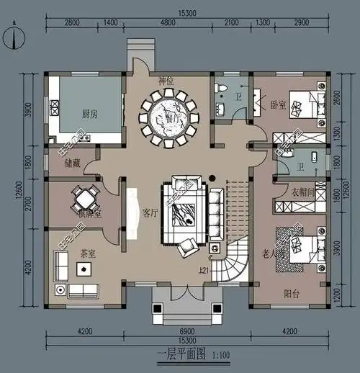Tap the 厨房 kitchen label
click(x=80, y=113)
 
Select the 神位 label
click(x=168, y=82)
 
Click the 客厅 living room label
click(x=150, y=213)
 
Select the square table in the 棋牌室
click(x=85, y=197)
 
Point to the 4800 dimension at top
click(x=167, y=24)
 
